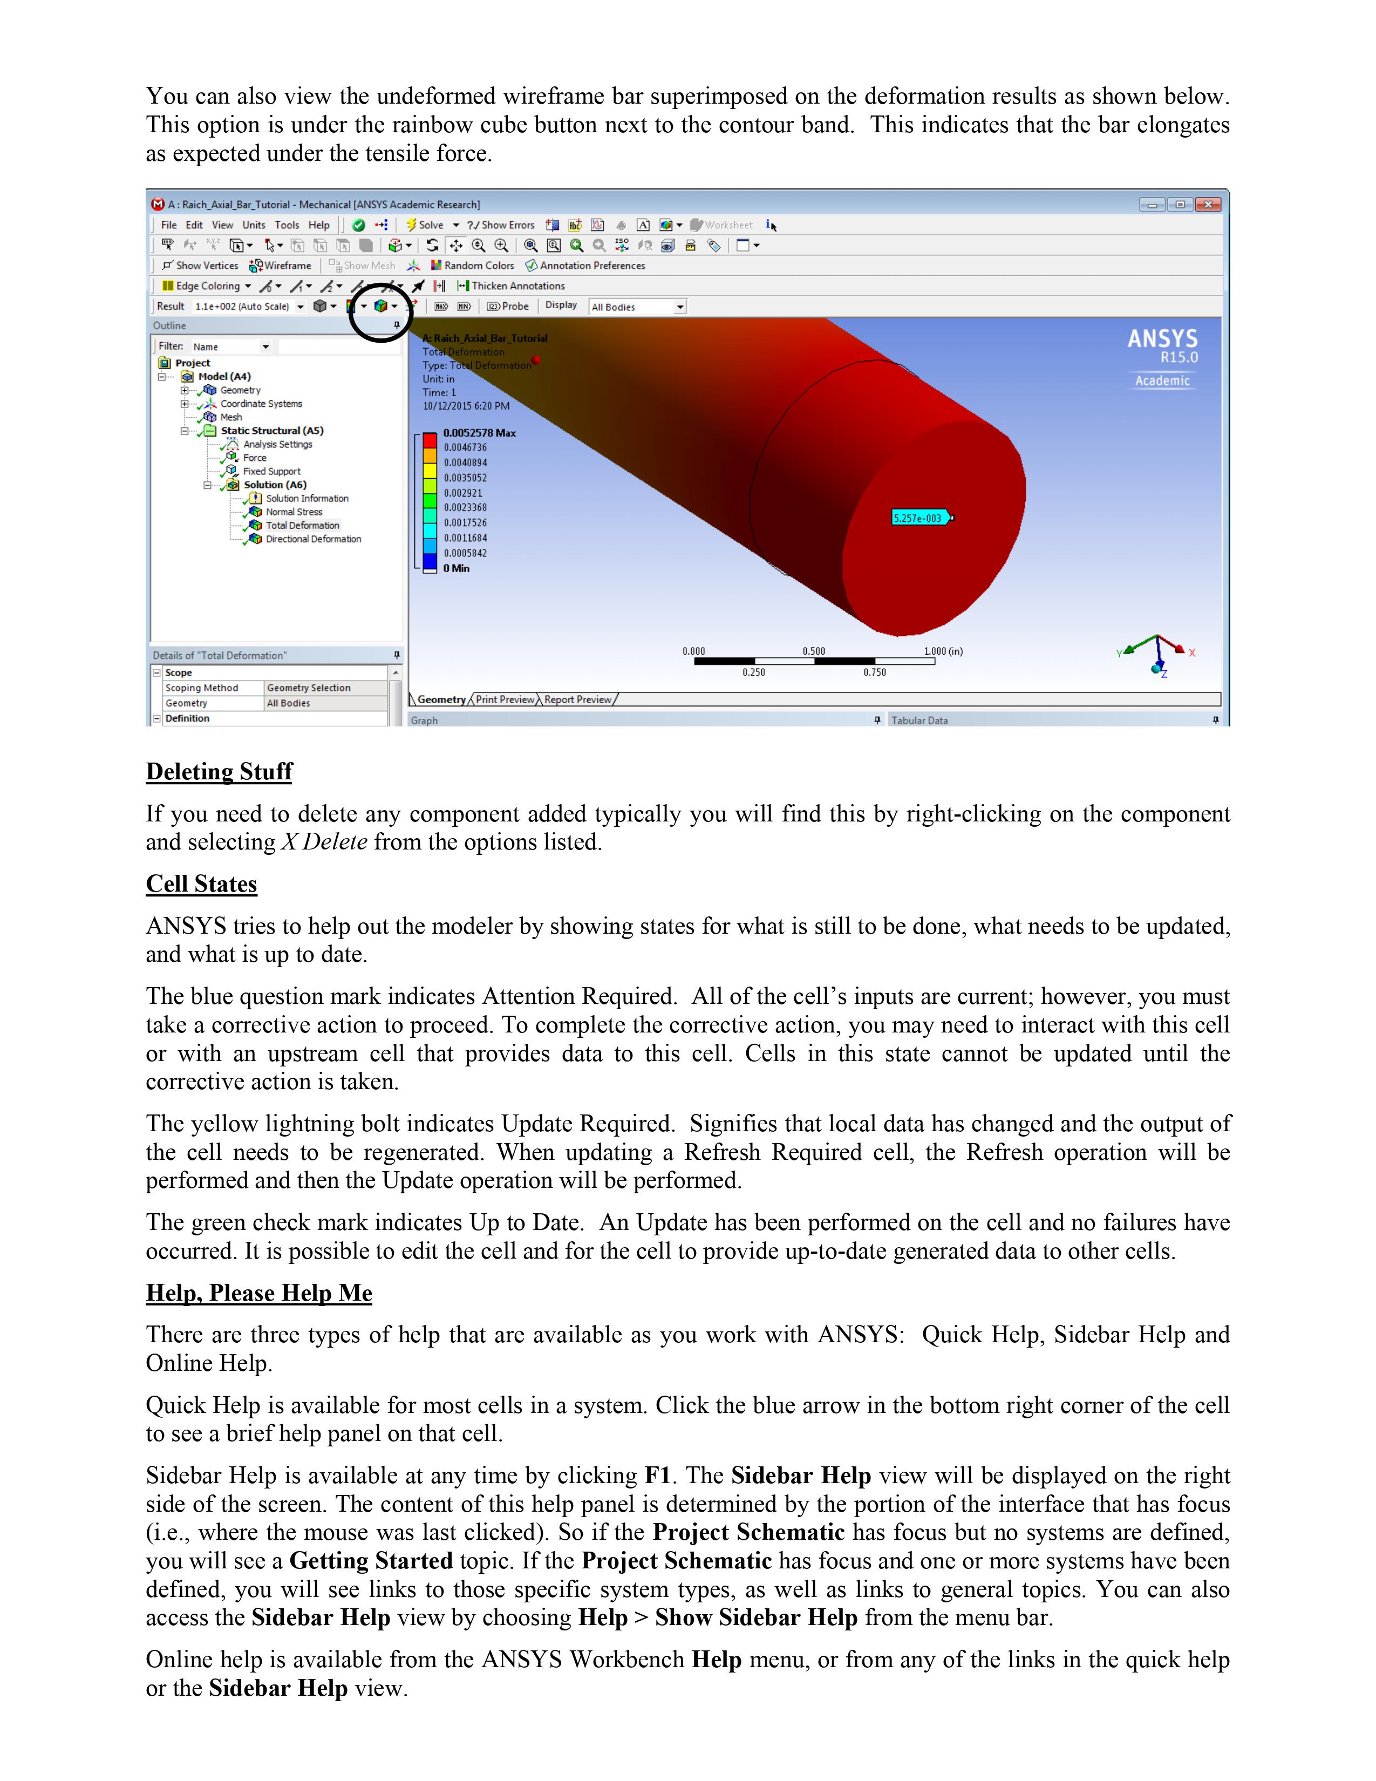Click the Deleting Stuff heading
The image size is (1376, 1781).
(x=219, y=771)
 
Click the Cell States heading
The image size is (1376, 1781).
(x=201, y=884)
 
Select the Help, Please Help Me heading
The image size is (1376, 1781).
(x=258, y=1293)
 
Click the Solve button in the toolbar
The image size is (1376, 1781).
(x=426, y=225)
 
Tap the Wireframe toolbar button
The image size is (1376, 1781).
(x=281, y=266)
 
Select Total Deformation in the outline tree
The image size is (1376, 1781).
(x=302, y=525)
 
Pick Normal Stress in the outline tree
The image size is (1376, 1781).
(x=294, y=512)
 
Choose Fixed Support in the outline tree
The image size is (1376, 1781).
(x=271, y=471)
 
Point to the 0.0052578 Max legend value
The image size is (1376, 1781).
(x=479, y=433)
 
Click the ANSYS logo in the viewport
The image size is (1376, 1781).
(x=1162, y=339)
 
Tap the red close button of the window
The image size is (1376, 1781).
(x=1208, y=205)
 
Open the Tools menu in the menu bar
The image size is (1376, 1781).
(x=286, y=225)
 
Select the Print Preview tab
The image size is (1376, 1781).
(x=505, y=699)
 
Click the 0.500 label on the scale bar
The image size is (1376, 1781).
(x=814, y=651)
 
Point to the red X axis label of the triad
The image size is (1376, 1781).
(x=1192, y=653)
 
